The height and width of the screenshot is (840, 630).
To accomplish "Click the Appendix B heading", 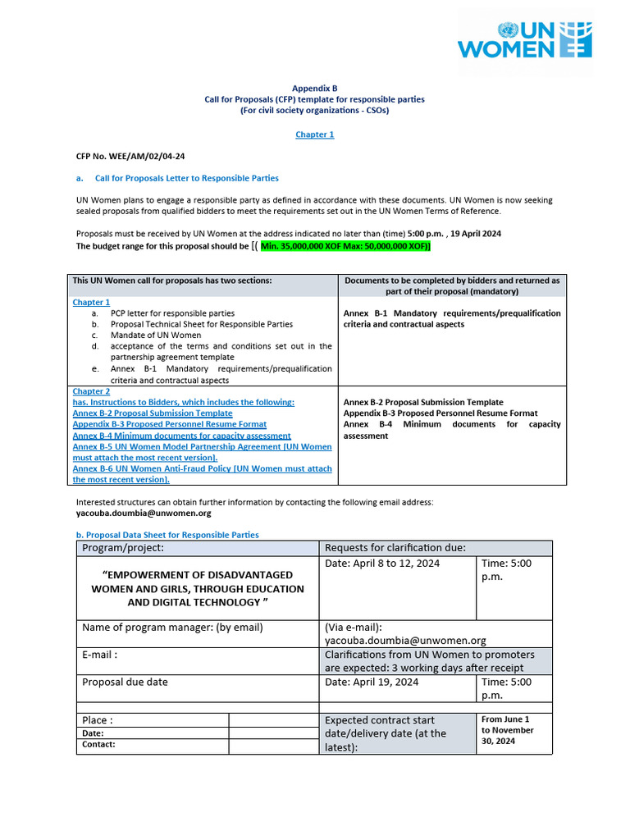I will point(315,88).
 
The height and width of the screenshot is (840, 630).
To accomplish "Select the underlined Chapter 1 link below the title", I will point(315,135).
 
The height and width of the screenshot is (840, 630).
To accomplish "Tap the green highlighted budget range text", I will point(345,245).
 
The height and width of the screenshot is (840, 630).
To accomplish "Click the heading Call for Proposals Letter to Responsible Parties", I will point(186,178).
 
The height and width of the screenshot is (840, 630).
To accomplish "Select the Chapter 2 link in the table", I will point(91,391).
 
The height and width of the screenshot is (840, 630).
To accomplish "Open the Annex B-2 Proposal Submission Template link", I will point(153,413).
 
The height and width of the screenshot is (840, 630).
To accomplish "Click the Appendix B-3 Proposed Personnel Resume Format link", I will point(170,424).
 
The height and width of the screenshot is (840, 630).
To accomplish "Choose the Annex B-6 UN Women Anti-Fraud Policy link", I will point(202,468).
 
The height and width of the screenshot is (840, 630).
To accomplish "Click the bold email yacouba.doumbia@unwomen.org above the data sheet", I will point(144,513).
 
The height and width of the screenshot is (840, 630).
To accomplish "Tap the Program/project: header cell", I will point(123,548).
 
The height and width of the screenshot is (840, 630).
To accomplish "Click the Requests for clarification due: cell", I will point(395,548).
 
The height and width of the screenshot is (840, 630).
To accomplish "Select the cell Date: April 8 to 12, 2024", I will point(382,563).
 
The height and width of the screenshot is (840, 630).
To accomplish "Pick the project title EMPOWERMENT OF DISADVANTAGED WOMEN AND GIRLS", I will point(197,589).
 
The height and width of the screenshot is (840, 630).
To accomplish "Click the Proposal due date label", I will point(125,682).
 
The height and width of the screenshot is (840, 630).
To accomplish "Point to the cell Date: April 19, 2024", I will point(372,682).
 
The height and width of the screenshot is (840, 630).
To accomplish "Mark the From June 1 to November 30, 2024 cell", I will point(507,729).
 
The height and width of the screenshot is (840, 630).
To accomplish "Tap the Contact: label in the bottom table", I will point(98,745).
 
